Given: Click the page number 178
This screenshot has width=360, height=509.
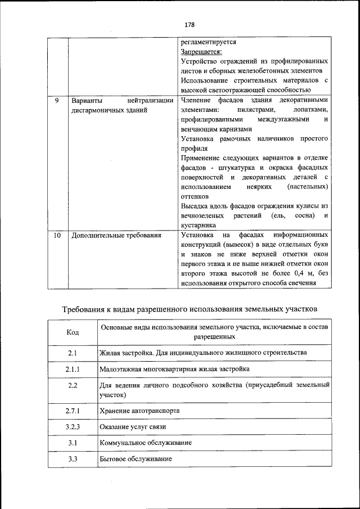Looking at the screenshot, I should tap(188, 25).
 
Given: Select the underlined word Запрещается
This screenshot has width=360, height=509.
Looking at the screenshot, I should tap(201, 52).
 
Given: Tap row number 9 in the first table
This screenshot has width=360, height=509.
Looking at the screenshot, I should tap(57, 101).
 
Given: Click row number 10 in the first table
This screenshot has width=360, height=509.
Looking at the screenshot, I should tap(57, 236).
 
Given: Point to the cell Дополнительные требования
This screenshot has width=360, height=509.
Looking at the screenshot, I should tap(116, 236).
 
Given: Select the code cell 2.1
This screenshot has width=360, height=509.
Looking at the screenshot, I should tap(73, 353).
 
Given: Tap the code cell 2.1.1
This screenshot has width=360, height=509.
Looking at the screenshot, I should tap(73, 369).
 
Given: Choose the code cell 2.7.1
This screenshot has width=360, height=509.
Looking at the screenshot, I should tap(73, 411).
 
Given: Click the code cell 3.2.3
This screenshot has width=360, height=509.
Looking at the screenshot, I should tap(73, 427).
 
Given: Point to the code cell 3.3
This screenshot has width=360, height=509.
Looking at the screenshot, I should tap(73, 460).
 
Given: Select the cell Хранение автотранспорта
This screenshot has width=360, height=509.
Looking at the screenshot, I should tap(139, 411).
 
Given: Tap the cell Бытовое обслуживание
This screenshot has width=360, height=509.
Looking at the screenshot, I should tap(136, 460).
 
